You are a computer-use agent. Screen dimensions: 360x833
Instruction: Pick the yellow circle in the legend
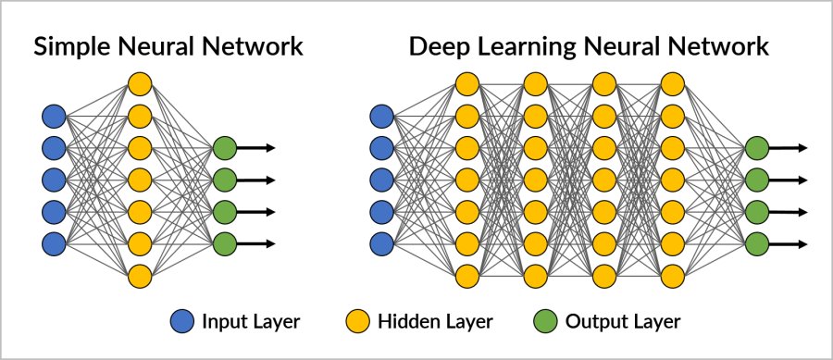click(356, 322)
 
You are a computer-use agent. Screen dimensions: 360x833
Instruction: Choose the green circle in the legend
click(545, 322)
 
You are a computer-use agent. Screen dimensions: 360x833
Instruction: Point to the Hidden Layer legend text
click(434, 322)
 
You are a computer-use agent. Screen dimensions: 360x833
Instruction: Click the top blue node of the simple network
click(54, 116)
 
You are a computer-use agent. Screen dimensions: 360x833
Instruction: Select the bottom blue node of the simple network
click(54, 244)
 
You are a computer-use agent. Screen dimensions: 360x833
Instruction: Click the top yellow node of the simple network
click(139, 84)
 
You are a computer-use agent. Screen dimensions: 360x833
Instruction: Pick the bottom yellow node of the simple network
click(139, 276)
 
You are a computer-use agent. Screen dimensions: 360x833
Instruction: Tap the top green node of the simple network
click(224, 148)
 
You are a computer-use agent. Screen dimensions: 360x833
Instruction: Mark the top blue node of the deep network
click(380, 116)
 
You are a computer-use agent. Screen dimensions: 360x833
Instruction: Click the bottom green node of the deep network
click(757, 244)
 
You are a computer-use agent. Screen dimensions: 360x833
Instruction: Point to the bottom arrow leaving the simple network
click(256, 244)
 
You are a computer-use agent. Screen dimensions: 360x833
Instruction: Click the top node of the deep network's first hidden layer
click(466, 84)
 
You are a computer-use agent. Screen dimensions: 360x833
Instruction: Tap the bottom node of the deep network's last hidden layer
click(672, 276)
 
